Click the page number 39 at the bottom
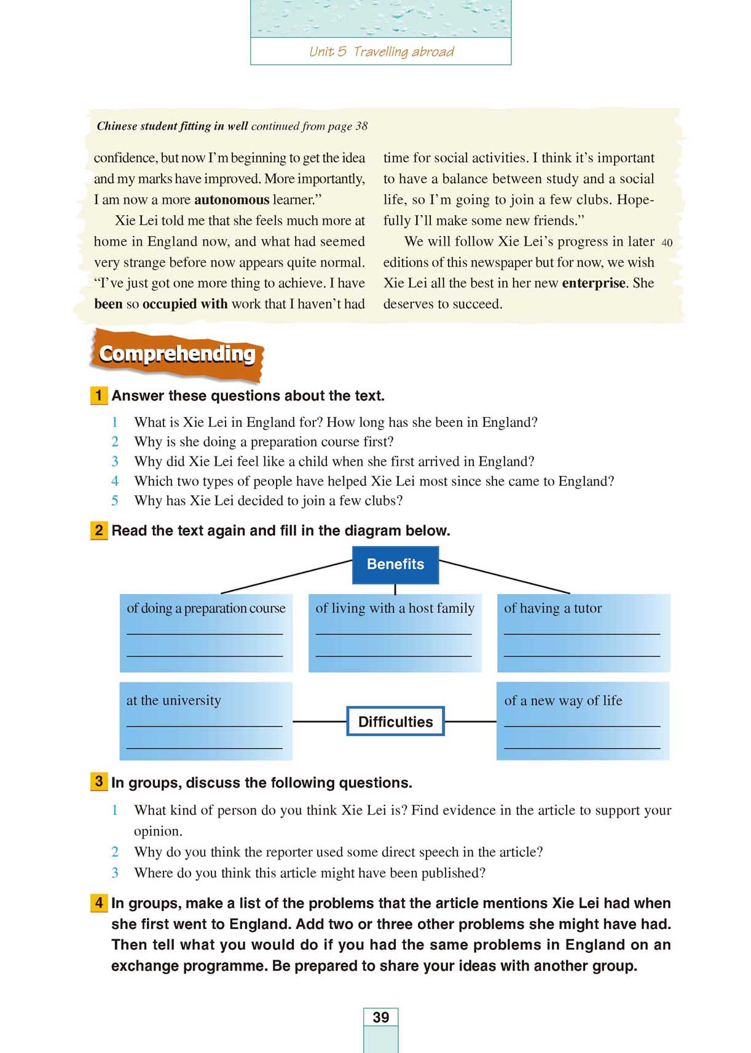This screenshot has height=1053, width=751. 380,1017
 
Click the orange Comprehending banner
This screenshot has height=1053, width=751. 177,354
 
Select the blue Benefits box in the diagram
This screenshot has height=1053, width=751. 395,564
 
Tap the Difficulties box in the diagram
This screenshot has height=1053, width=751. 395,722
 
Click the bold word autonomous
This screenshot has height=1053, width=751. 232,200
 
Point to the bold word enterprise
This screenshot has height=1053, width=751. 594,283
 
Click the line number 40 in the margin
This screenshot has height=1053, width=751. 667,243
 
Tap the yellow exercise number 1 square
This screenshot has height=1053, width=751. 98,396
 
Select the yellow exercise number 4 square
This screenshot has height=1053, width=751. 98,903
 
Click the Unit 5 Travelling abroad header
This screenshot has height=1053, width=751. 381,52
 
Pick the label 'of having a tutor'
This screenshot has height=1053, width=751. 552,608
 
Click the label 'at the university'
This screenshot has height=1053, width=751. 173,700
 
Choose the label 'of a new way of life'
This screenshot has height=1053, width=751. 563,700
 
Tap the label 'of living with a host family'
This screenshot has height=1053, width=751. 395,608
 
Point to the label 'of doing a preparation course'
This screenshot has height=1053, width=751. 206,608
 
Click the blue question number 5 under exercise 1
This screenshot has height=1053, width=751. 115,501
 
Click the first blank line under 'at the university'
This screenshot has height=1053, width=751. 204,726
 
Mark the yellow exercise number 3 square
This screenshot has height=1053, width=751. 98,782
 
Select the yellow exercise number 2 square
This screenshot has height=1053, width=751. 98,530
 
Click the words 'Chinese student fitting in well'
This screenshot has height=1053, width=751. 172,126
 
